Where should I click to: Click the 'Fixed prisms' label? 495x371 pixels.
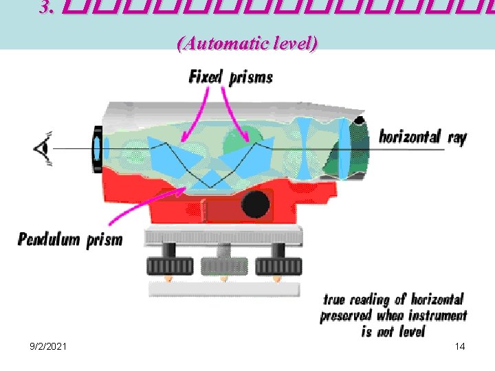[x=230, y=76]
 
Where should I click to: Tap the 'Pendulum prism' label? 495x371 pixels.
[x=70, y=240]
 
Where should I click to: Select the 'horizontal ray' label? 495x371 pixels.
[x=423, y=136]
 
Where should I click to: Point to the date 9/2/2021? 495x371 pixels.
[x=48, y=346]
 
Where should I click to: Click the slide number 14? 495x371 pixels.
[x=460, y=346]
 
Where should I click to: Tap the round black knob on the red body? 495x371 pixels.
[x=255, y=203]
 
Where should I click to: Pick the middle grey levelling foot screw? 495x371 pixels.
[x=223, y=265]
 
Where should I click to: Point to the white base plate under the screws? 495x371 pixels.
[x=223, y=288]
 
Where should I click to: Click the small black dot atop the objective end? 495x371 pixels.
[x=359, y=122]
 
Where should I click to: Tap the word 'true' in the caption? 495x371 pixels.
[x=334, y=300]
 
